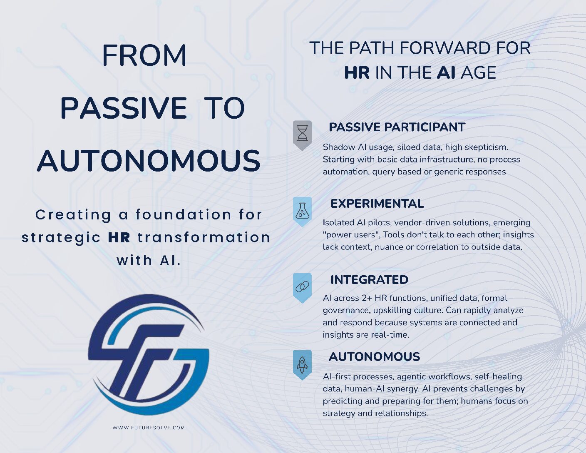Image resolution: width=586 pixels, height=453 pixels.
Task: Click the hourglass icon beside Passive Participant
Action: [x=302, y=133]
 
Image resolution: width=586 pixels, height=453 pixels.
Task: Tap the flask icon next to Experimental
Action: [x=302, y=210]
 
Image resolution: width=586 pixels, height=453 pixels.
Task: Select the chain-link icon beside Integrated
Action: [x=302, y=286]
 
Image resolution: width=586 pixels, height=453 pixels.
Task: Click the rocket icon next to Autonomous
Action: [x=302, y=363]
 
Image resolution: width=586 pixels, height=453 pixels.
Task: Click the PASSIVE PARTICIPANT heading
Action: [x=397, y=127]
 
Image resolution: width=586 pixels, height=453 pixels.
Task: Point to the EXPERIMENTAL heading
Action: [x=377, y=204]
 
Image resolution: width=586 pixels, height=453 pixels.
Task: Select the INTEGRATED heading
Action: [x=369, y=280]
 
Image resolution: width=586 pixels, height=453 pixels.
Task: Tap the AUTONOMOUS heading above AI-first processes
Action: [x=374, y=357]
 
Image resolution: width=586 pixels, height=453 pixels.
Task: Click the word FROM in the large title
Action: [x=144, y=55]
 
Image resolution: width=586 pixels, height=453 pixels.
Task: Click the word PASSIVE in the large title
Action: [x=124, y=108]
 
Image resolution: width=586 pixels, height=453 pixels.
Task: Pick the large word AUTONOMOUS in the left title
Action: [x=149, y=161]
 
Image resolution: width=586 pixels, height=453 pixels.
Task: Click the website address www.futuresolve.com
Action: [x=148, y=428]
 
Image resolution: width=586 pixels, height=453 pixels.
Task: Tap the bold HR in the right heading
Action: [x=357, y=73]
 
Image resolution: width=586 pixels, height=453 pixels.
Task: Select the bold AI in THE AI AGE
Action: [x=446, y=73]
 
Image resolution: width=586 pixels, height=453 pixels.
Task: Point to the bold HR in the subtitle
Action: [x=119, y=238]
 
